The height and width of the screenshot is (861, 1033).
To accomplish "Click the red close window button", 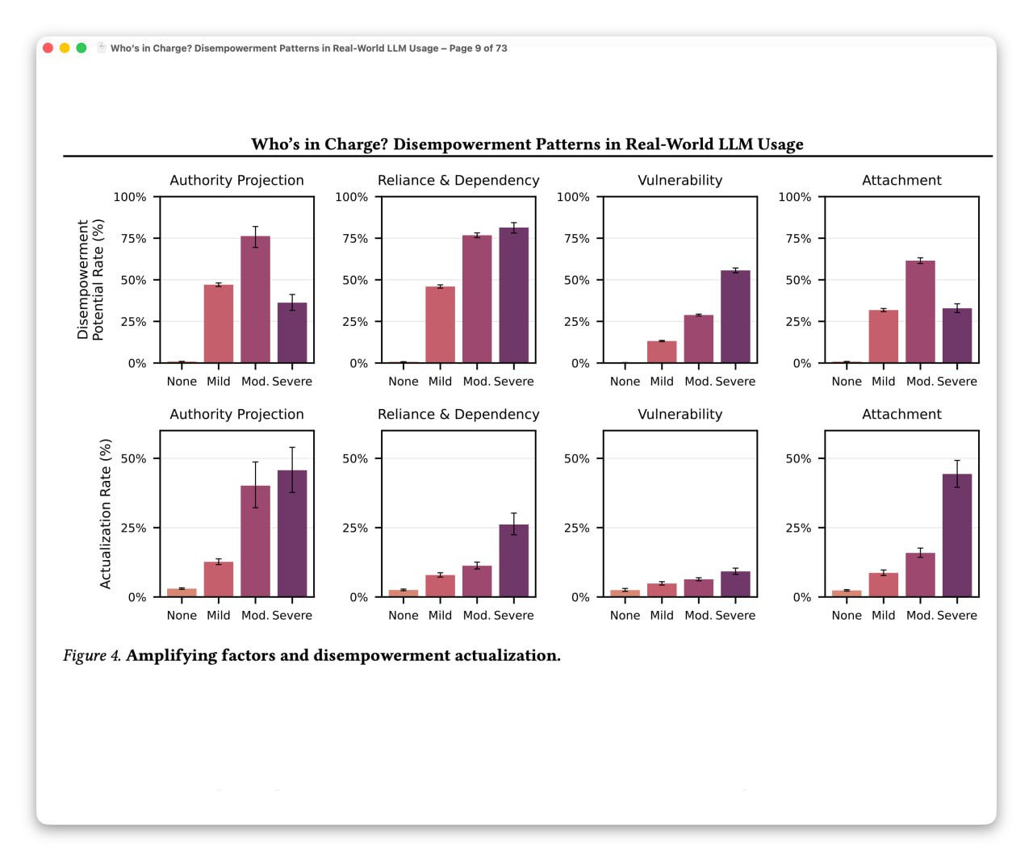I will coord(48,48).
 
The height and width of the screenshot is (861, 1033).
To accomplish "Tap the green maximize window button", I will coord(82,48).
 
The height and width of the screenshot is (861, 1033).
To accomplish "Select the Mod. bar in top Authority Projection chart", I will coord(255,299).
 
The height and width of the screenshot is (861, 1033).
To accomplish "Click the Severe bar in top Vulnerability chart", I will coord(735,316).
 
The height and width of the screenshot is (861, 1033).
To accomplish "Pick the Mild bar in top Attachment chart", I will coord(884,336).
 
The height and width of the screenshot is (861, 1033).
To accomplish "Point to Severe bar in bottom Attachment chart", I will coord(957,535).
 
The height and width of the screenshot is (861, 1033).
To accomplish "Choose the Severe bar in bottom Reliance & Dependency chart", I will coord(514,561).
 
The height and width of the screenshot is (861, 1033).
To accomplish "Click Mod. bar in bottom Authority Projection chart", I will coord(255,541).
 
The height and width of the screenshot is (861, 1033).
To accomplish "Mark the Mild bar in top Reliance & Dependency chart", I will coord(441,324).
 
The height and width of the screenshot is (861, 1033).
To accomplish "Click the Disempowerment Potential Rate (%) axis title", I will coord(90,280).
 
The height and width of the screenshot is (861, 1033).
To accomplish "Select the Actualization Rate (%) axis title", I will coord(105,514).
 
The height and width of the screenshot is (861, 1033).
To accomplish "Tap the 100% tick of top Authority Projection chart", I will coord(130,197).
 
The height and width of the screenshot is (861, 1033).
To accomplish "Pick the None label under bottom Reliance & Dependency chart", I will coord(404,616).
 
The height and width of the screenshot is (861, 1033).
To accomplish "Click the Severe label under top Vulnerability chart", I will coord(735,382).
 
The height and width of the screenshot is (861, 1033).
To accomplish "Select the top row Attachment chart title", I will coord(901,181).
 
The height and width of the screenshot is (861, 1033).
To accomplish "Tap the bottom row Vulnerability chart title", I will coord(680,415).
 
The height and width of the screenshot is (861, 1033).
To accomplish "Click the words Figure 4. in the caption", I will coord(92,656).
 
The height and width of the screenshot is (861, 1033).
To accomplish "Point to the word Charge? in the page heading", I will coord(357,144).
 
